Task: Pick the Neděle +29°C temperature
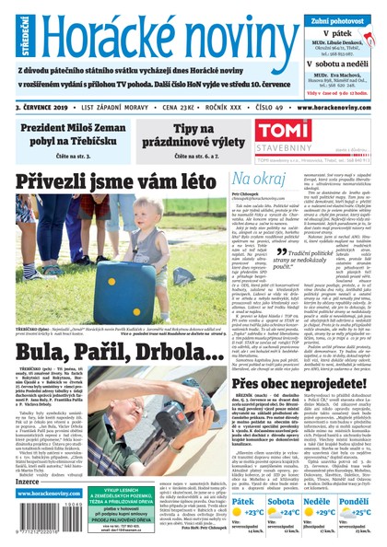click(325, 512)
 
